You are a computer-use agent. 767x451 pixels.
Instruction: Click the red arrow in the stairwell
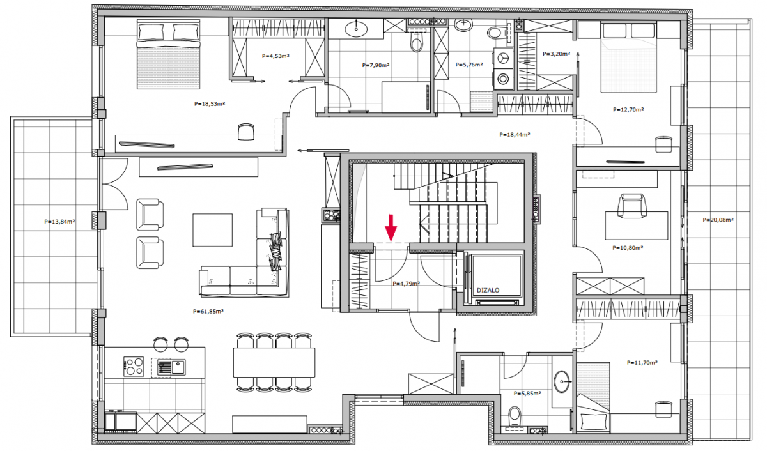[x=391, y=228]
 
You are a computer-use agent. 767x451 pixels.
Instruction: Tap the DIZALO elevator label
[x=488, y=290]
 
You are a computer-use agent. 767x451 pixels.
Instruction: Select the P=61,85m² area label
[x=208, y=311]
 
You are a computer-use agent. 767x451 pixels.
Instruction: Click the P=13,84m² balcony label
[x=59, y=222]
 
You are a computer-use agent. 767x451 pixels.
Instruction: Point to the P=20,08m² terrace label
[x=718, y=220]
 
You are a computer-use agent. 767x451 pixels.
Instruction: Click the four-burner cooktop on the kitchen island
[x=134, y=367]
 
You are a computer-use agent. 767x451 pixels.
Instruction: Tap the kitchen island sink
[x=178, y=367]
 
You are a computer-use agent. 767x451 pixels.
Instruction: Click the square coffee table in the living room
[x=212, y=230]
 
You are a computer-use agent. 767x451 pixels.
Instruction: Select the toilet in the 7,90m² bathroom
[x=416, y=41]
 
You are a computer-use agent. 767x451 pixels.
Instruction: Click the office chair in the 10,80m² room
[x=631, y=205]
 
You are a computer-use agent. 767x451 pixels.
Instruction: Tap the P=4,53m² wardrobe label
[x=275, y=56]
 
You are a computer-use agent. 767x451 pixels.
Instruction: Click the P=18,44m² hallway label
[x=515, y=135]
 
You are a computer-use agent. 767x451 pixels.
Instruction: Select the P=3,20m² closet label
[x=557, y=54]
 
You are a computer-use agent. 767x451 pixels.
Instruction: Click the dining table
[x=274, y=362]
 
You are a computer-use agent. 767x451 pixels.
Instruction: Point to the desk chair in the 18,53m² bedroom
[x=246, y=132]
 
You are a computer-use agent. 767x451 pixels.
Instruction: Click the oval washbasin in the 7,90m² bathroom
[x=356, y=29]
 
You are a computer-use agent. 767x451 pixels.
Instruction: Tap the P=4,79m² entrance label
[x=407, y=284]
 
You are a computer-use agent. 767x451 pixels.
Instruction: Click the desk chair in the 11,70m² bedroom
[x=663, y=409]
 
